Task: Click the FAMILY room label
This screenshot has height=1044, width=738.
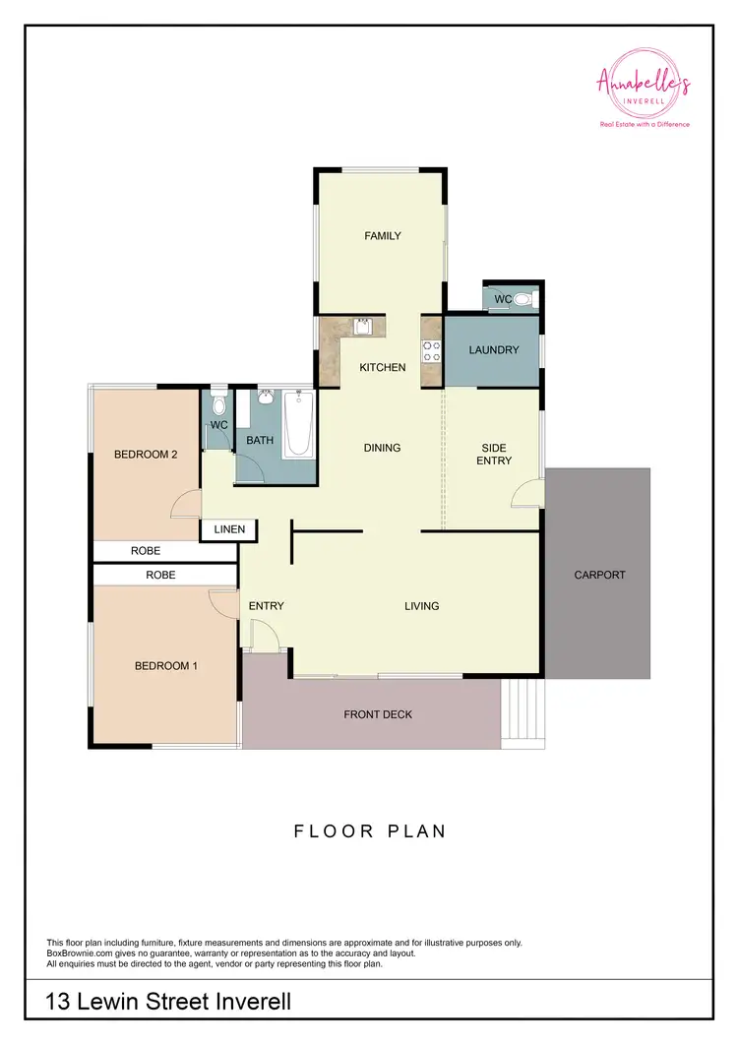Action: point(383,236)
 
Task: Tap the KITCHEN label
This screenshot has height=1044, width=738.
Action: point(383,367)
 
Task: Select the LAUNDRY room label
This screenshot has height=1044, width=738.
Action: point(493,350)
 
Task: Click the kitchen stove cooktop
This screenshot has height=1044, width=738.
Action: point(430,351)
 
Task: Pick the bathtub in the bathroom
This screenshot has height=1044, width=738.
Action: point(298,424)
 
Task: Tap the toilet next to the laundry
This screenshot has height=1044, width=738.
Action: point(523,299)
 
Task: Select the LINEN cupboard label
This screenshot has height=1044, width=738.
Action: point(229,530)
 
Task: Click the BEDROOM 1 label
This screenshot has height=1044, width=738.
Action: point(166,666)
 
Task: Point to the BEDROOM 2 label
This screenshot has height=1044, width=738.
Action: point(146,455)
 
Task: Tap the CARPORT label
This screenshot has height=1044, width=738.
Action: point(599,575)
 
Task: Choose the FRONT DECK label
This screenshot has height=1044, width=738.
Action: point(378,714)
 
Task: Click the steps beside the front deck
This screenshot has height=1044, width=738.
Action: point(522,712)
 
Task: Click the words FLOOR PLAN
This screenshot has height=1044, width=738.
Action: point(370,831)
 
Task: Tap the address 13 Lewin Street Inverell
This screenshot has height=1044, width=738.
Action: point(168,1002)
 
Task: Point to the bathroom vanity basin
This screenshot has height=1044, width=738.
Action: point(265,399)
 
